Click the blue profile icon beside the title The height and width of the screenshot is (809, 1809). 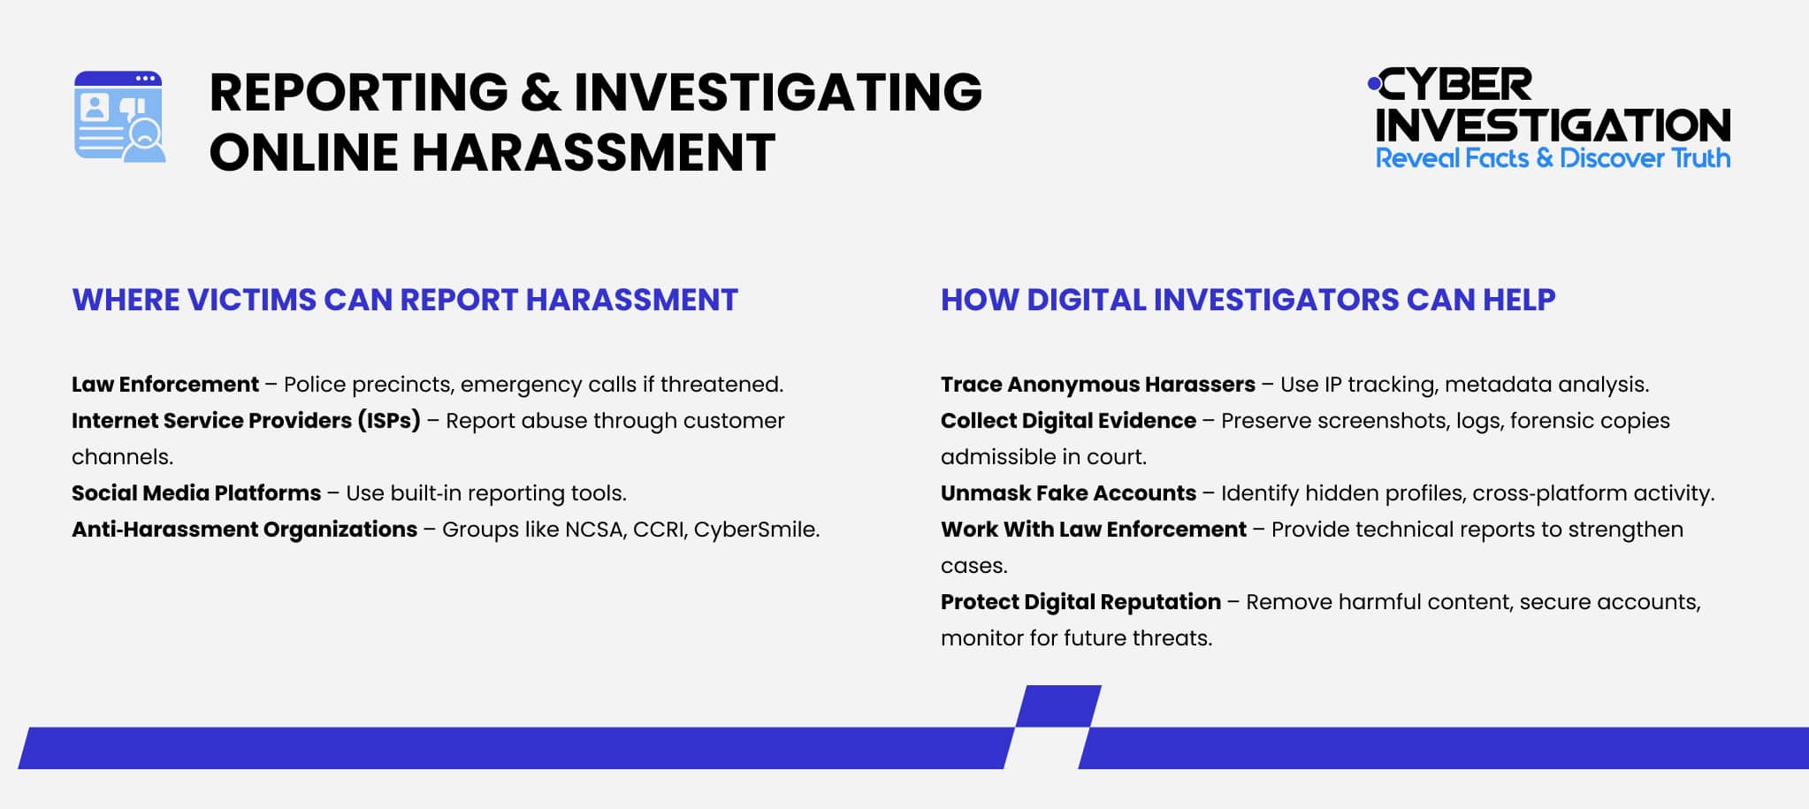(x=119, y=116)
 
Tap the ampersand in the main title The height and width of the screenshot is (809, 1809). (x=540, y=92)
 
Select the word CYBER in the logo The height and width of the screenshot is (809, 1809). (x=1455, y=86)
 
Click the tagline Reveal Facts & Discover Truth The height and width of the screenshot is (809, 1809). (x=1553, y=158)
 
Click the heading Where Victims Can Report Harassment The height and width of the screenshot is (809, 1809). (x=405, y=300)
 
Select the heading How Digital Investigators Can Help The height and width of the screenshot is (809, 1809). (x=1248, y=300)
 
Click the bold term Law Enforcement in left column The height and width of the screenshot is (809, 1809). (x=165, y=385)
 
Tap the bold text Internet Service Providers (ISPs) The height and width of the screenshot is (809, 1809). (x=246, y=421)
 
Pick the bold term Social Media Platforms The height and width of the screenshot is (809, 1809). (x=196, y=493)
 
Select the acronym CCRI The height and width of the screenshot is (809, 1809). (x=658, y=530)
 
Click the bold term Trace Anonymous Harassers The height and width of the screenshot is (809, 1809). (x=1097, y=385)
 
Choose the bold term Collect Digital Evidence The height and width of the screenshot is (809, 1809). (x=1068, y=421)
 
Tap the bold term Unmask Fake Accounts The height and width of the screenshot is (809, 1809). (x=1068, y=493)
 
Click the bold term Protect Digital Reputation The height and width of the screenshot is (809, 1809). (x=1080, y=602)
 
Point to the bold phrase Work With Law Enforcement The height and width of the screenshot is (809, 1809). (x=1093, y=530)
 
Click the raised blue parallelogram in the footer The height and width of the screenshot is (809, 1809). (x=1057, y=706)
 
